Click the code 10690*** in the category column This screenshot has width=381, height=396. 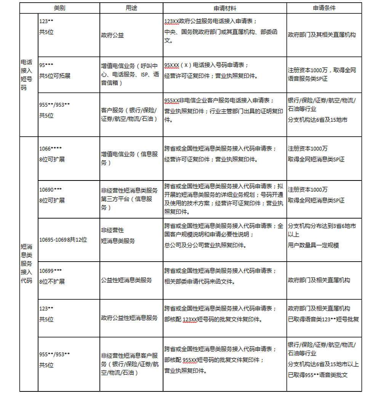(50, 189)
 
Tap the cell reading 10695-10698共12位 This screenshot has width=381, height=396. (63, 240)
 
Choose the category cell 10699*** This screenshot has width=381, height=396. (50, 271)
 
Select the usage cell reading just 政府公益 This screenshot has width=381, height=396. (112, 35)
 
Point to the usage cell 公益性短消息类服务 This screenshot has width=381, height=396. (126, 280)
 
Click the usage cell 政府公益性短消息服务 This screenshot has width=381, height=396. (129, 318)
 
